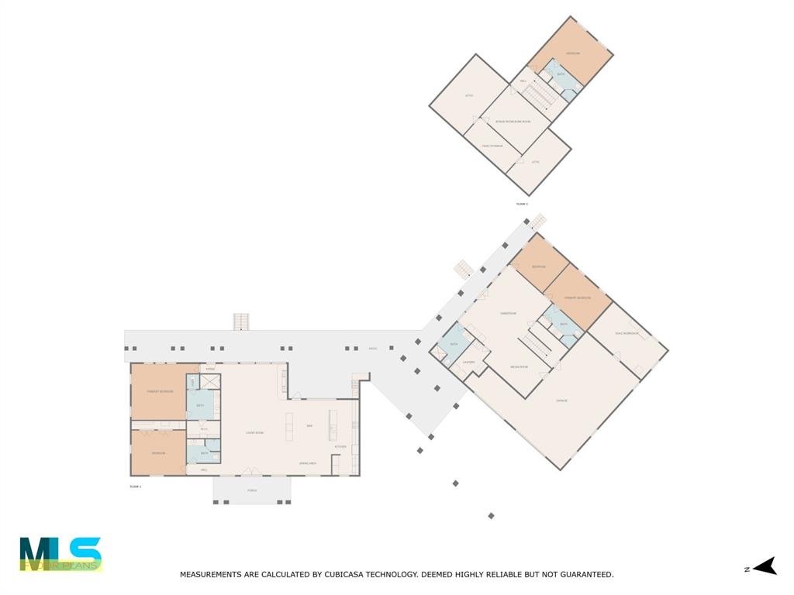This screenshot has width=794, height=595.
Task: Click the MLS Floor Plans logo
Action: click(x=60, y=554)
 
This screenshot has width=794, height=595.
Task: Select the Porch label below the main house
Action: click(x=252, y=490)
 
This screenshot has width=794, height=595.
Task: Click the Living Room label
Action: click(x=255, y=432)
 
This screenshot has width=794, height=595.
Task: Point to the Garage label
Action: click(x=562, y=401)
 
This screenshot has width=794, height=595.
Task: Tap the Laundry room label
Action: click(x=468, y=362)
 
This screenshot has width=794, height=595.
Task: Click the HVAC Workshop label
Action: click(x=627, y=333)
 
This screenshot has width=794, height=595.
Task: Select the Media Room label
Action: click(x=519, y=366)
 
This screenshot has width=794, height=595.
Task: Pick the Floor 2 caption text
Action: click(x=522, y=204)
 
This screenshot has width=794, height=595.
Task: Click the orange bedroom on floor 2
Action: click(x=573, y=53)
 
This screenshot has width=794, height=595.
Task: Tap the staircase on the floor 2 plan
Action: click(x=538, y=96)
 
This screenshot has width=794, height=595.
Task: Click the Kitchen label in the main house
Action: click(x=340, y=447)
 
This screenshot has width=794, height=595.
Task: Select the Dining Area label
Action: click(x=309, y=463)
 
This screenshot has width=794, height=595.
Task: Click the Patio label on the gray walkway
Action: click(x=373, y=349)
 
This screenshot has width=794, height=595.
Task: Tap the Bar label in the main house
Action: click(x=309, y=425)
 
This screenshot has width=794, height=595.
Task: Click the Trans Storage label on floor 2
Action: click(x=492, y=146)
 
